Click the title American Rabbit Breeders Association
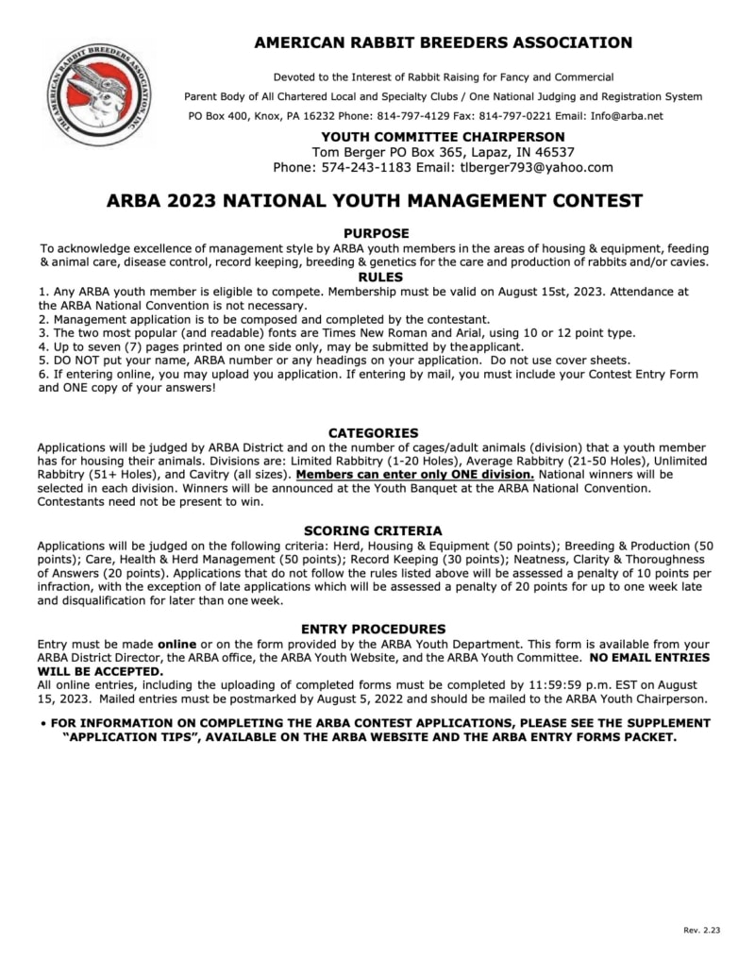[x=443, y=42]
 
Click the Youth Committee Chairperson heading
[x=443, y=137]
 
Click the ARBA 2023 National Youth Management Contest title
[x=376, y=201]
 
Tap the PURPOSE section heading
[x=376, y=232]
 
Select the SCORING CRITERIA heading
[x=373, y=530]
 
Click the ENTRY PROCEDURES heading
[x=374, y=629]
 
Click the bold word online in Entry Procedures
[x=176, y=644]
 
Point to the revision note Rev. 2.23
[x=701, y=931]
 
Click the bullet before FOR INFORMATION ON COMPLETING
[x=43, y=723]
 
